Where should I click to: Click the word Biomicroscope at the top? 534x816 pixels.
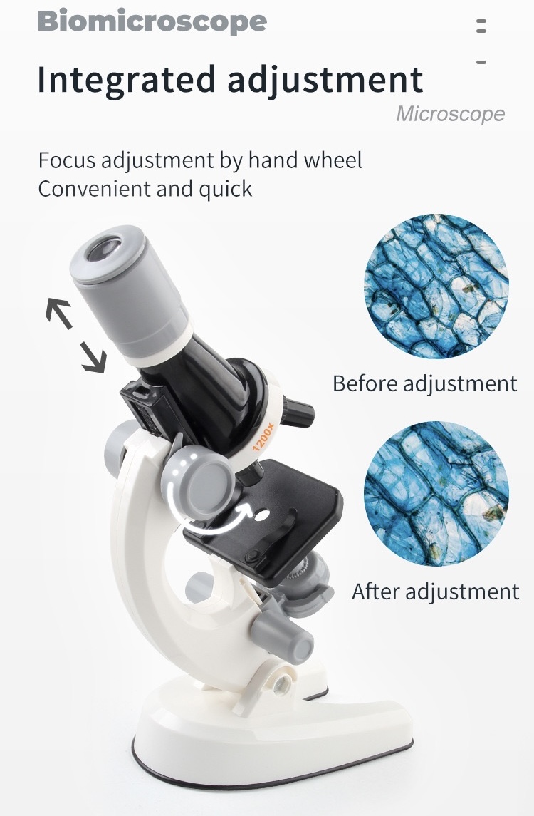point(152,22)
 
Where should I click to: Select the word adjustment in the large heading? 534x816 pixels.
point(325,80)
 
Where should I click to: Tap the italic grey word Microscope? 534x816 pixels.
point(450,114)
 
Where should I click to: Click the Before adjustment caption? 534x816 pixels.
point(425,383)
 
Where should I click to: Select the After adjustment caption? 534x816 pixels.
point(436,592)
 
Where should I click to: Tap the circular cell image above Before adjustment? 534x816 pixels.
point(436,286)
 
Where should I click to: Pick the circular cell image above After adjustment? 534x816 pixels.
point(436,493)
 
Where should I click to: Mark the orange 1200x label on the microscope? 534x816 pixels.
point(263,438)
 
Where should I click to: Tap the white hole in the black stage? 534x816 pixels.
point(261,516)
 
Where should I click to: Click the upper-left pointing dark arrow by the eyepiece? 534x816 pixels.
point(58,312)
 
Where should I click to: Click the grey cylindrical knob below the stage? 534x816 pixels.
point(282,636)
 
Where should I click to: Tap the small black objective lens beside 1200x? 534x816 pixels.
point(298,413)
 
